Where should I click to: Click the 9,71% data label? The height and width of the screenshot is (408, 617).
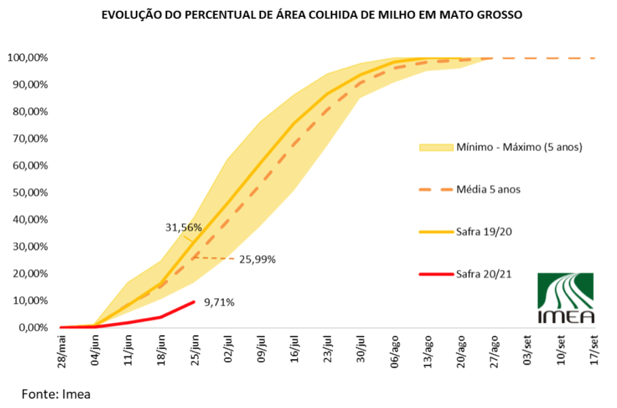[x=219, y=302]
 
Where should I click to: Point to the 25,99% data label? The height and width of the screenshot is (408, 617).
[x=257, y=259]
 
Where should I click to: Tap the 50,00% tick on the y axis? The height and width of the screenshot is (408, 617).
[x=29, y=192]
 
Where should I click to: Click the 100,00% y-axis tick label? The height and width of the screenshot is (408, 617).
[x=27, y=58]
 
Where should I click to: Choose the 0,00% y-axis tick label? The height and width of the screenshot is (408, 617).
[x=31, y=327]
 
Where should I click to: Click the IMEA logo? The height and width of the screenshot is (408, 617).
[x=565, y=298]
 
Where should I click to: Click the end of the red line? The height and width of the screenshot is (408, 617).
[x=194, y=301]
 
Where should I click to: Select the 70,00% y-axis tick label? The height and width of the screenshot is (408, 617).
[x=29, y=139]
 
